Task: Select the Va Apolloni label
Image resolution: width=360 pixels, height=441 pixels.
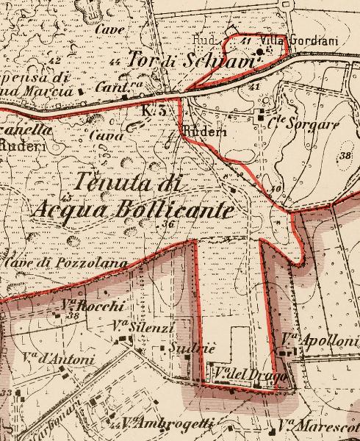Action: tap(313, 339)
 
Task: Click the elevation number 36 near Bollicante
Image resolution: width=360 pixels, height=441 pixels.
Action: tap(170, 224)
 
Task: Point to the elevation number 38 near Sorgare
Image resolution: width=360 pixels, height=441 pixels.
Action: tap(345, 156)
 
